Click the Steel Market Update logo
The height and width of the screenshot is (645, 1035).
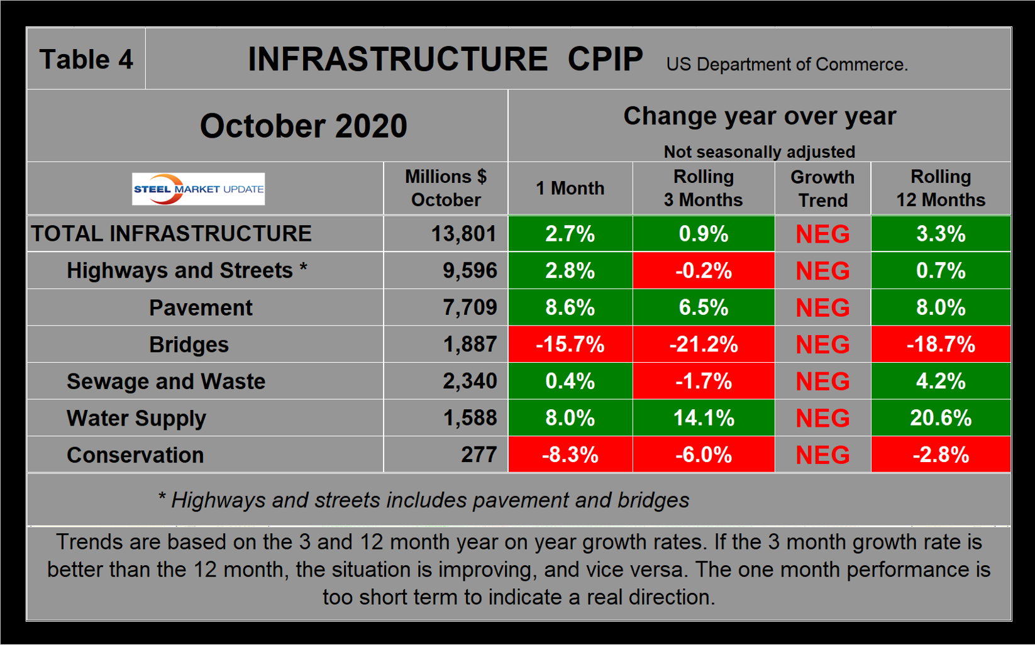point(198,189)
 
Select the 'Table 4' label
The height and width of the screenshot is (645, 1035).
point(86,60)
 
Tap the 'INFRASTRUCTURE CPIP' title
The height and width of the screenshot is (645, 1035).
point(445,60)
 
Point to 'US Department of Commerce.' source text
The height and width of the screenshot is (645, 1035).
point(787,65)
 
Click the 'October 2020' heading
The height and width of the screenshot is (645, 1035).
point(304,126)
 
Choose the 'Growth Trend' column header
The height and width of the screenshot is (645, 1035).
point(822,189)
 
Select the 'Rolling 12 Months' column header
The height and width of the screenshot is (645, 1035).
point(941,189)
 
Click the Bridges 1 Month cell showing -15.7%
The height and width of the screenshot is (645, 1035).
point(570,345)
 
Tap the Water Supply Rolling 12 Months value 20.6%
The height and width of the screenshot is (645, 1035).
point(941,418)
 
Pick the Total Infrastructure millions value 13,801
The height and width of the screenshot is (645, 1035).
point(463,234)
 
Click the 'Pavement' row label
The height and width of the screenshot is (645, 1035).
point(201,308)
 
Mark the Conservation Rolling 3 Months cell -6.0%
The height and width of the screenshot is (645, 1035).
point(703,455)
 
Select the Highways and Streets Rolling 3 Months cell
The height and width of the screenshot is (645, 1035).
point(703,271)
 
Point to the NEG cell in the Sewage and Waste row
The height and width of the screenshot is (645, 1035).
point(822,382)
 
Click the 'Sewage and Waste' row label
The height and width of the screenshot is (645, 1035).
point(166,382)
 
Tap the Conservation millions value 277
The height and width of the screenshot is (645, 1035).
point(479,455)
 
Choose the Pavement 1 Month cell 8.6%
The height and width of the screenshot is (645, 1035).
point(570,308)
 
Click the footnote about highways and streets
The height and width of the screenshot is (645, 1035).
point(423,500)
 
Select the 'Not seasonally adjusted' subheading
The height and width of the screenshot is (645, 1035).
point(759,152)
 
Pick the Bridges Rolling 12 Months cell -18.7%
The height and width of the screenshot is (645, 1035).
point(941,345)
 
